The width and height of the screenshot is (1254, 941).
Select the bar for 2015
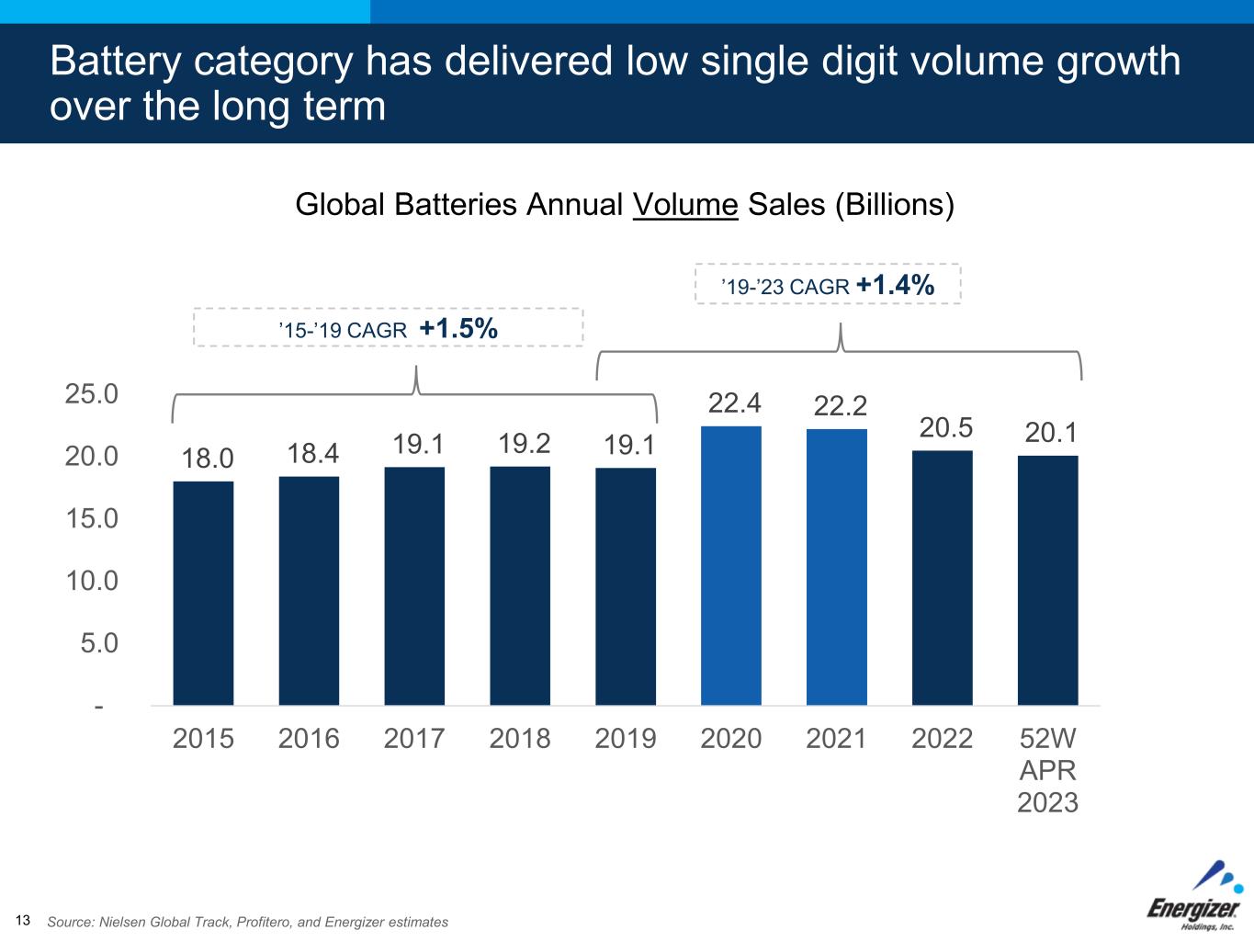coord(203,593)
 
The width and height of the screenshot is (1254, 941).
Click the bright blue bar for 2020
coord(731,565)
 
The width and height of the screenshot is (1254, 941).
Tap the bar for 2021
coord(837,567)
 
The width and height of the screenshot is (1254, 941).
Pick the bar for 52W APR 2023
coord(1047,580)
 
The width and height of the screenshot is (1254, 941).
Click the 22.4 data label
coord(734,402)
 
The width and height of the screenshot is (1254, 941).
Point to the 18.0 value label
coord(207,458)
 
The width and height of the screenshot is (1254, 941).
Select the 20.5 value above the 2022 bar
coord(946,427)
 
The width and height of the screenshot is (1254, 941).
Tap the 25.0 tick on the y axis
coord(92,394)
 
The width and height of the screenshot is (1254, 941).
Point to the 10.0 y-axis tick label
coord(92,581)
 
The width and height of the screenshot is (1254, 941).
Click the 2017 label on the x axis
coord(414,738)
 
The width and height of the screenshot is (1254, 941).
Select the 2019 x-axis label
coord(626,738)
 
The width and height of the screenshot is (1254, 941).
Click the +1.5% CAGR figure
coord(458,327)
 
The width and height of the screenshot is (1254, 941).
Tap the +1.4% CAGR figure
coord(895,285)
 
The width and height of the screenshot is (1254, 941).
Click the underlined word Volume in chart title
coord(685,204)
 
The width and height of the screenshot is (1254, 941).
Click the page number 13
coord(23,921)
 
